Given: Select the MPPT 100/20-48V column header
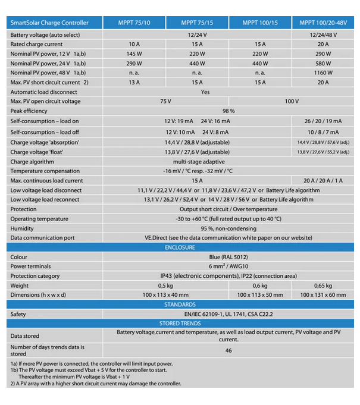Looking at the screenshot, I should (x=323, y=23).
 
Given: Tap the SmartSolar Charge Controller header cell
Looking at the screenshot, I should (x=49, y=23).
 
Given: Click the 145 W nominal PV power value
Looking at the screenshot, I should (x=134, y=54).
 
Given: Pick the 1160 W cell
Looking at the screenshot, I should (x=323, y=73).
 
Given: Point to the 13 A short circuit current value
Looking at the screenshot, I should (x=134, y=82).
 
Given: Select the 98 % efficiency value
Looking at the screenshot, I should (x=228, y=111).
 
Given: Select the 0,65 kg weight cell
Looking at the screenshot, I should (x=323, y=285).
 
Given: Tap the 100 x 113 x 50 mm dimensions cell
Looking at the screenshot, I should (x=260, y=295).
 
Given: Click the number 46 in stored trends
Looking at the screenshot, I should (x=228, y=350).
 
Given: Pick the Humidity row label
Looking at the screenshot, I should (x=22, y=228).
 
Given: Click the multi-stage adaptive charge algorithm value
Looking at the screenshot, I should (x=199, y=162).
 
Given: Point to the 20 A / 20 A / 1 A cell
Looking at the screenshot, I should (x=323, y=181).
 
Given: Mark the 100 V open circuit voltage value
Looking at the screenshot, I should (x=292, y=101).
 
